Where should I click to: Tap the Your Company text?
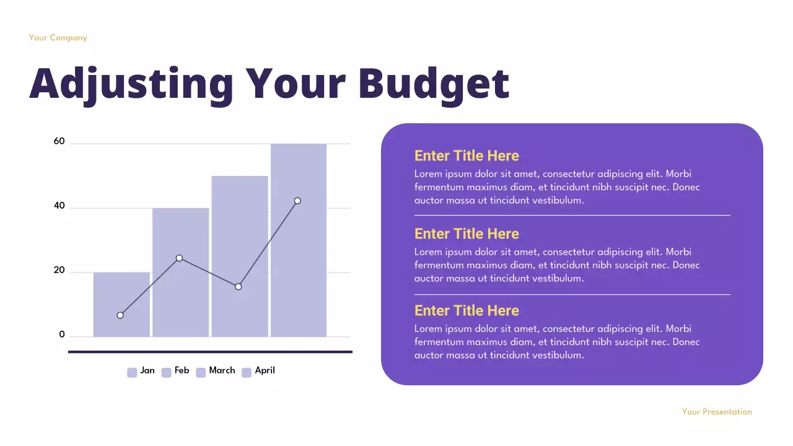click(58, 38)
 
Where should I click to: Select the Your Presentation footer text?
click(717, 411)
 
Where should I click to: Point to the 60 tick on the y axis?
click(59, 141)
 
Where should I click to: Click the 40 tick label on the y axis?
click(59, 206)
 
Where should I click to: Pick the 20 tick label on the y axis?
click(59, 270)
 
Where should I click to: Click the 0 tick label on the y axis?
click(62, 334)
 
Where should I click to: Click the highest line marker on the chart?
click(297, 201)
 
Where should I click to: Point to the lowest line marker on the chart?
click(120, 315)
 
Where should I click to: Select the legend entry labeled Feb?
click(182, 370)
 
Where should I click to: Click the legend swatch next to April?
click(247, 372)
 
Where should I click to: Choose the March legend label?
click(222, 370)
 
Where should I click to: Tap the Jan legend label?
click(147, 370)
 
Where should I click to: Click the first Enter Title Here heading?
click(467, 155)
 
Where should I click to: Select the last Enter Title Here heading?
click(467, 310)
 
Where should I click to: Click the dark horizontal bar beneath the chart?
click(210, 352)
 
